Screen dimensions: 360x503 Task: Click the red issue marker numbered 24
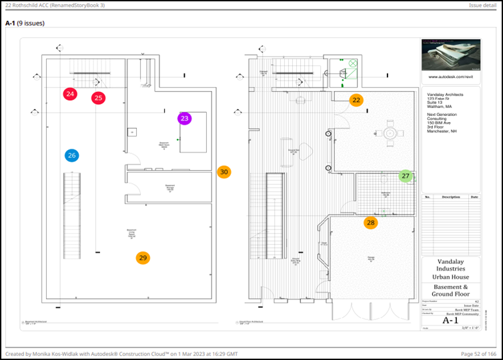pyautogui.click(x=70, y=94)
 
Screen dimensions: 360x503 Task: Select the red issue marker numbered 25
pyautogui.click(x=99, y=98)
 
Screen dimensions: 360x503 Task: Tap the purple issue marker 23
pyautogui.click(x=185, y=119)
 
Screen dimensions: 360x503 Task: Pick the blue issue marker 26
pyautogui.click(x=72, y=155)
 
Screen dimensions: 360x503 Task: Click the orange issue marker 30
pyautogui.click(x=224, y=172)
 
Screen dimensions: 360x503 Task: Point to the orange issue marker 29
pyautogui.click(x=142, y=258)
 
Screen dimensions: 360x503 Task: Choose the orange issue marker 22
pyautogui.click(x=357, y=100)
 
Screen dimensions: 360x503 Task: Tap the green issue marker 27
pyautogui.click(x=406, y=176)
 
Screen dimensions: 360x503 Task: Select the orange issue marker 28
pyautogui.click(x=371, y=223)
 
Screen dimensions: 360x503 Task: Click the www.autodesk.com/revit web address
pyautogui.click(x=450, y=77)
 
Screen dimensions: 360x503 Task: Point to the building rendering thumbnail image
pyautogui.click(x=450, y=55)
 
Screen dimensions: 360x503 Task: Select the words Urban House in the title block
pyautogui.click(x=451, y=277)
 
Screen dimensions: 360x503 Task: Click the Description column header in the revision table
pyautogui.click(x=451, y=197)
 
